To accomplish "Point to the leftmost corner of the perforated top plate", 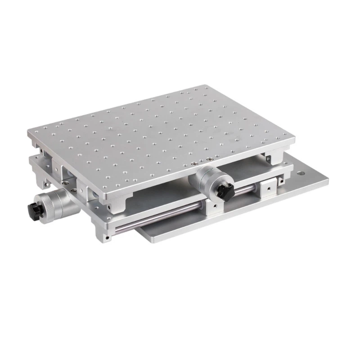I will [x=28, y=132].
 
